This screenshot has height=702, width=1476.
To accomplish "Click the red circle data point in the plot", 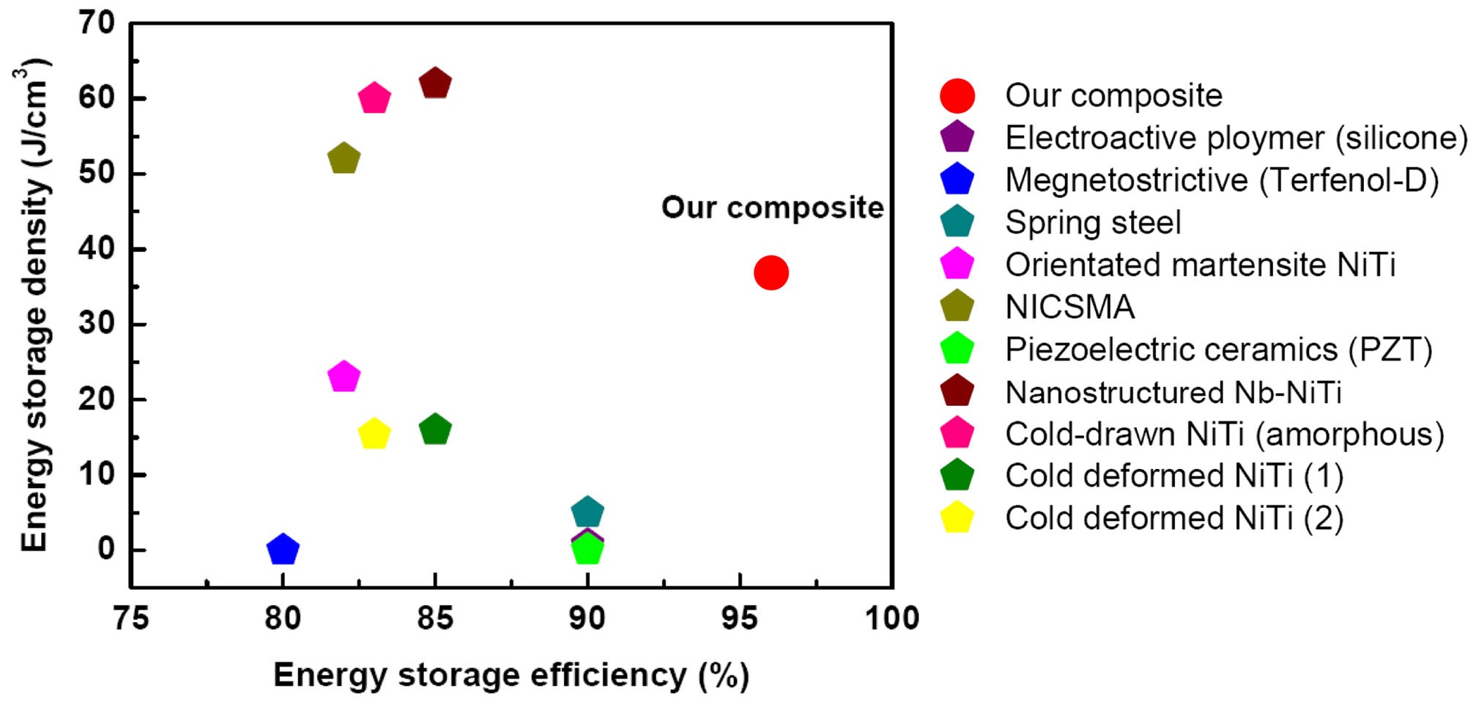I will coord(771,273).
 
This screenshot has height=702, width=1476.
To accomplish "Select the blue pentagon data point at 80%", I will coord(283,549).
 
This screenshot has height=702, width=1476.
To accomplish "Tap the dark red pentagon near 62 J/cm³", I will coord(435,83).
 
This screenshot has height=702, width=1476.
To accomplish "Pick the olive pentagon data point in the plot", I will coord(344,158).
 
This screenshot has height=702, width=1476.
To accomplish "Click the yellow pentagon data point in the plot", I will coord(374,434).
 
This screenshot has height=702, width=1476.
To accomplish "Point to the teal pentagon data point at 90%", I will coord(587,511).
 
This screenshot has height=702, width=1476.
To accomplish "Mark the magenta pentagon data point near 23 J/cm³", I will coord(344,377).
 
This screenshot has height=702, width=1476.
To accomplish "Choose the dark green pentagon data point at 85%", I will coord(435,429).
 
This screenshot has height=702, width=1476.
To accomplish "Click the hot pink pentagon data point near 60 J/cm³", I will coord(374,97).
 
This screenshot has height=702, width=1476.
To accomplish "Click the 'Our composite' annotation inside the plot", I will coord(772,207).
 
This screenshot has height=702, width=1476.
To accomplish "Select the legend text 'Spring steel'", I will coord(1092,223).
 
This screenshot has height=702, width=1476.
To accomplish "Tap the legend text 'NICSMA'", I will coord(1069,307).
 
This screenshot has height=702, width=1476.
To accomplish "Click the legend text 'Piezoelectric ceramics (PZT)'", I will coord(1218,350).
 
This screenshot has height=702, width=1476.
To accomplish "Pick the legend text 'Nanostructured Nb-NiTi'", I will coord(1173,392).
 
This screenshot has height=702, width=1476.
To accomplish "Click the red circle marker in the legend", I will coord(957,96).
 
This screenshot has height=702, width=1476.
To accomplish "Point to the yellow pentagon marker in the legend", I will coord(957,518).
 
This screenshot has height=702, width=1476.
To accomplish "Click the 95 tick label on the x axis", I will coord(739,618).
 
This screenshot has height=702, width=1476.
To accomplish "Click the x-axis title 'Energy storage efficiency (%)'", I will coord(511,675).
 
